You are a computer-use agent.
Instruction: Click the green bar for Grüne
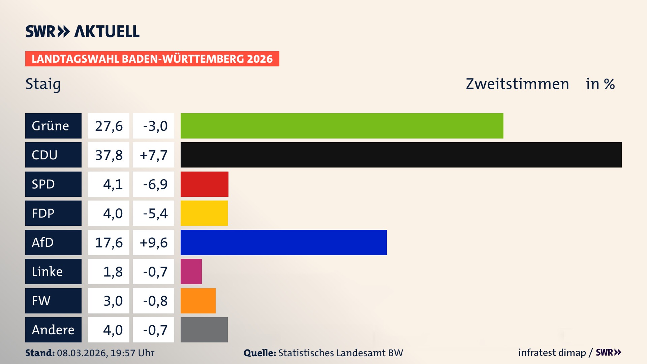[342, 126]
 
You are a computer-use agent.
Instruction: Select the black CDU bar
[401, 155]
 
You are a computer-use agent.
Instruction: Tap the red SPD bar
[204, 184]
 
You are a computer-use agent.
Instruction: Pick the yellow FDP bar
[204, 213]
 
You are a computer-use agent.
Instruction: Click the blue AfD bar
[283, 242]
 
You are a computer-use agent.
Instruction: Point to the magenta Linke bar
[191, 271]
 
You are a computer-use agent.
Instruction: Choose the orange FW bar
[198, 301]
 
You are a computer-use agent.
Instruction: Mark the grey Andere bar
[204, 330]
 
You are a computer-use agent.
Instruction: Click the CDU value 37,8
[109, 155]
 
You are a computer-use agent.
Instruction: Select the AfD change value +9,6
[153, 243]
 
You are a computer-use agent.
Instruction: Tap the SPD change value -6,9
[155, 184]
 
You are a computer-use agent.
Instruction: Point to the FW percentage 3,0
[113, 301]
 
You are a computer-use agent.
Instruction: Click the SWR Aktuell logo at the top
[83, 31]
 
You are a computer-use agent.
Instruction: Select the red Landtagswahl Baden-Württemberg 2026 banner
[152, 59]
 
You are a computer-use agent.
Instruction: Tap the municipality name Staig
[43, 84]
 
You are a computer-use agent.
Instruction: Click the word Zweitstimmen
[517, 84]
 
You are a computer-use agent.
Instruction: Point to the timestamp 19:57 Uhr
[132, 353]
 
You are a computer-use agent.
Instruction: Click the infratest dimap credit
[552, 353]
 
